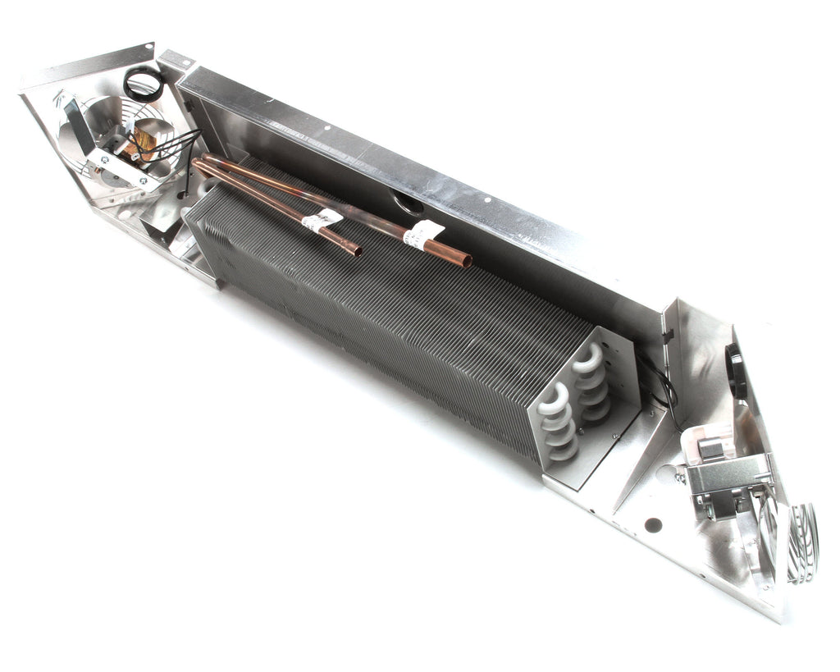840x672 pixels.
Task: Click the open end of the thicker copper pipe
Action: click(466, 262)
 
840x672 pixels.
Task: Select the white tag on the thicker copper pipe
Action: click(422, 233)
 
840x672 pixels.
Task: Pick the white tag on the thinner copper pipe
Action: click(322, 219)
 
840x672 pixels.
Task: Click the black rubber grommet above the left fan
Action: click(143, 83)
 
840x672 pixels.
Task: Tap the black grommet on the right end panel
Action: click(733, 360)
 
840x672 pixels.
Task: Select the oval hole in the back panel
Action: click(408, 199)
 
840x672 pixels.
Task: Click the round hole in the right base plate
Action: click(653, 524)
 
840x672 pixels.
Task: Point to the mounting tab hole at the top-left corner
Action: click(148, 47)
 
